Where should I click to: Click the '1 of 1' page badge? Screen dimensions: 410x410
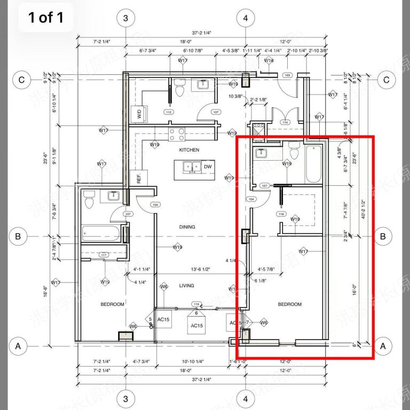(45, 18)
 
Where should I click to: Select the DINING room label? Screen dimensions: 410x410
(187, 227)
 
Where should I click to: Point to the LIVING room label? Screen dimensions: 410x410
(187, 286)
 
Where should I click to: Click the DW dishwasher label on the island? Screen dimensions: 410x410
(208, 167)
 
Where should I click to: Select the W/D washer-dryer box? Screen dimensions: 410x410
(139, 114)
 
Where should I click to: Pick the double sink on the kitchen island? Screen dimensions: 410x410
(191, 167)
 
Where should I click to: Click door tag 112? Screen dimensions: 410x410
(169, 113)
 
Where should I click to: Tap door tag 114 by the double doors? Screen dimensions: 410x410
(285, 123)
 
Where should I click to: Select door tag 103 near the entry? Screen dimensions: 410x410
(287, 76)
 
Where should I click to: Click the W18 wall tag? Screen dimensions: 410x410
(269, 61)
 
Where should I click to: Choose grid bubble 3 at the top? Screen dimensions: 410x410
(125, 19)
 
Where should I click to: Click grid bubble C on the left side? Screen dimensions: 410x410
(22, 80)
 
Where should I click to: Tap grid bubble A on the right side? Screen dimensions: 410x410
(382, 346)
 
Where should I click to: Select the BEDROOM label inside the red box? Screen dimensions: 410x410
(290, 304)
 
